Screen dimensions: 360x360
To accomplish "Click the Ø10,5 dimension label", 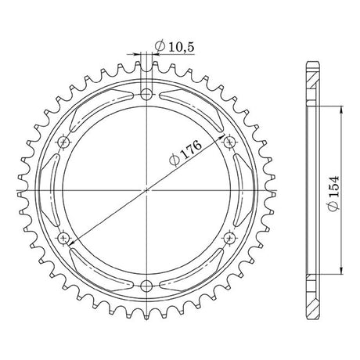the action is pyautogui.click(x=175, y=47).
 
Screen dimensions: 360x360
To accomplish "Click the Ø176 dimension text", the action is pyautogui.click(x=185, y=153).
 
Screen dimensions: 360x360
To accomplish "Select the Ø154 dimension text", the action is pyautogui.click(x=333, y=193).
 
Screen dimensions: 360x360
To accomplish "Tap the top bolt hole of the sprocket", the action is pyautogui.click(x=146, y=94).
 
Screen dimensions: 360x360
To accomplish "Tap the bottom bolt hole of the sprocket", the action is pyautogui.click(x=146, y=286).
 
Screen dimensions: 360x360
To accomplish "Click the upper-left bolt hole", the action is pyautogui.click(x=63, y=142).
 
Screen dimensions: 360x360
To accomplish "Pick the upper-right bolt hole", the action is pyautogui.click(x=229, y=142).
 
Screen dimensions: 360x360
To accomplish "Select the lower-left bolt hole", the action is pyautogui.click(x=63, y=238).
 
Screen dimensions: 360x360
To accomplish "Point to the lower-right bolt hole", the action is pyautogui.click(x=229, y=238).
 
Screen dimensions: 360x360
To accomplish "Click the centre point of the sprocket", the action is pyautogui.click(x=146, y=190).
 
